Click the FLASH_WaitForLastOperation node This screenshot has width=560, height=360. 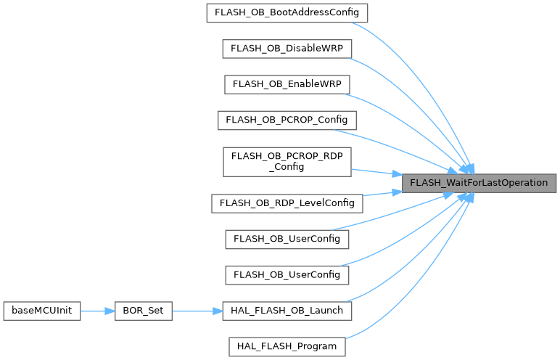pyautogui.click(x=479, y=183)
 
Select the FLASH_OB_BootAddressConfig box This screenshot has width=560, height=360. pyautogui.click(x=287, y=13)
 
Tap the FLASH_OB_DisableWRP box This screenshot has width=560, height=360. pyautogui.click(x=287, y=48)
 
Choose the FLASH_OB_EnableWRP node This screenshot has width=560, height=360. pyautogui.click(x=287, y=83)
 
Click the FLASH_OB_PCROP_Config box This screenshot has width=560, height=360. pyautogui.click(x=287, y=118)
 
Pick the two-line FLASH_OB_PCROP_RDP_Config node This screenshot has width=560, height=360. pyautogui.click(x=287, y=160)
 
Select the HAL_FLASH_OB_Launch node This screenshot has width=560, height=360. pyautogui.click(x=287, y=311)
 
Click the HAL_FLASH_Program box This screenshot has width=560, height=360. pyautogui.click(x=287, y=346)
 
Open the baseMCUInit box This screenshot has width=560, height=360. pyautogui.click(x=41, y=311)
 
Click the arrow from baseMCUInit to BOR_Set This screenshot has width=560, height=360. pyautogui.click(x=99, y=311)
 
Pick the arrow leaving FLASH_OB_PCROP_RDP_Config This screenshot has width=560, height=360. pyautogui.click(x=377, y=172)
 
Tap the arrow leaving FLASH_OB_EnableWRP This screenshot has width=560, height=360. pyautogui.click(x=413, y=123)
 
